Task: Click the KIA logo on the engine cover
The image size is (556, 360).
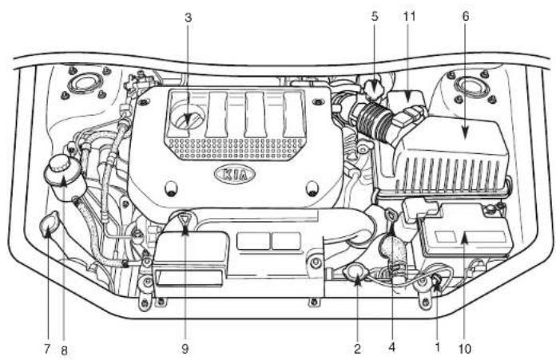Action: click(235, 174)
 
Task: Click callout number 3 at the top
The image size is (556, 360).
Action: click(189, 18)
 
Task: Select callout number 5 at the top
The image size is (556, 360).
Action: click(375, 17)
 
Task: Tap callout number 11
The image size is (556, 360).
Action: click(409, 16)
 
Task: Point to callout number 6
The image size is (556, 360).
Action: click(466, 16)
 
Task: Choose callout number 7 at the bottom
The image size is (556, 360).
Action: click(47, 349)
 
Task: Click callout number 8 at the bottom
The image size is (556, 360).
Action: click(64, 350)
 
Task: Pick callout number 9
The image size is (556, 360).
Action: click(185, 349)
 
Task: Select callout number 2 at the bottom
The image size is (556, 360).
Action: click(357, 349)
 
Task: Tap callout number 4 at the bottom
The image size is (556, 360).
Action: click(391, 347)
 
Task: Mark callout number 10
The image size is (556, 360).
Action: click(464, 349)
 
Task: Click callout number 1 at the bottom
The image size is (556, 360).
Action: click(438, 347)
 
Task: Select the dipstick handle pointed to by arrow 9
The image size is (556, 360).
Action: click(184, 219)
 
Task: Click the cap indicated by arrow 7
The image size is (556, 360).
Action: click(49, 224)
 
